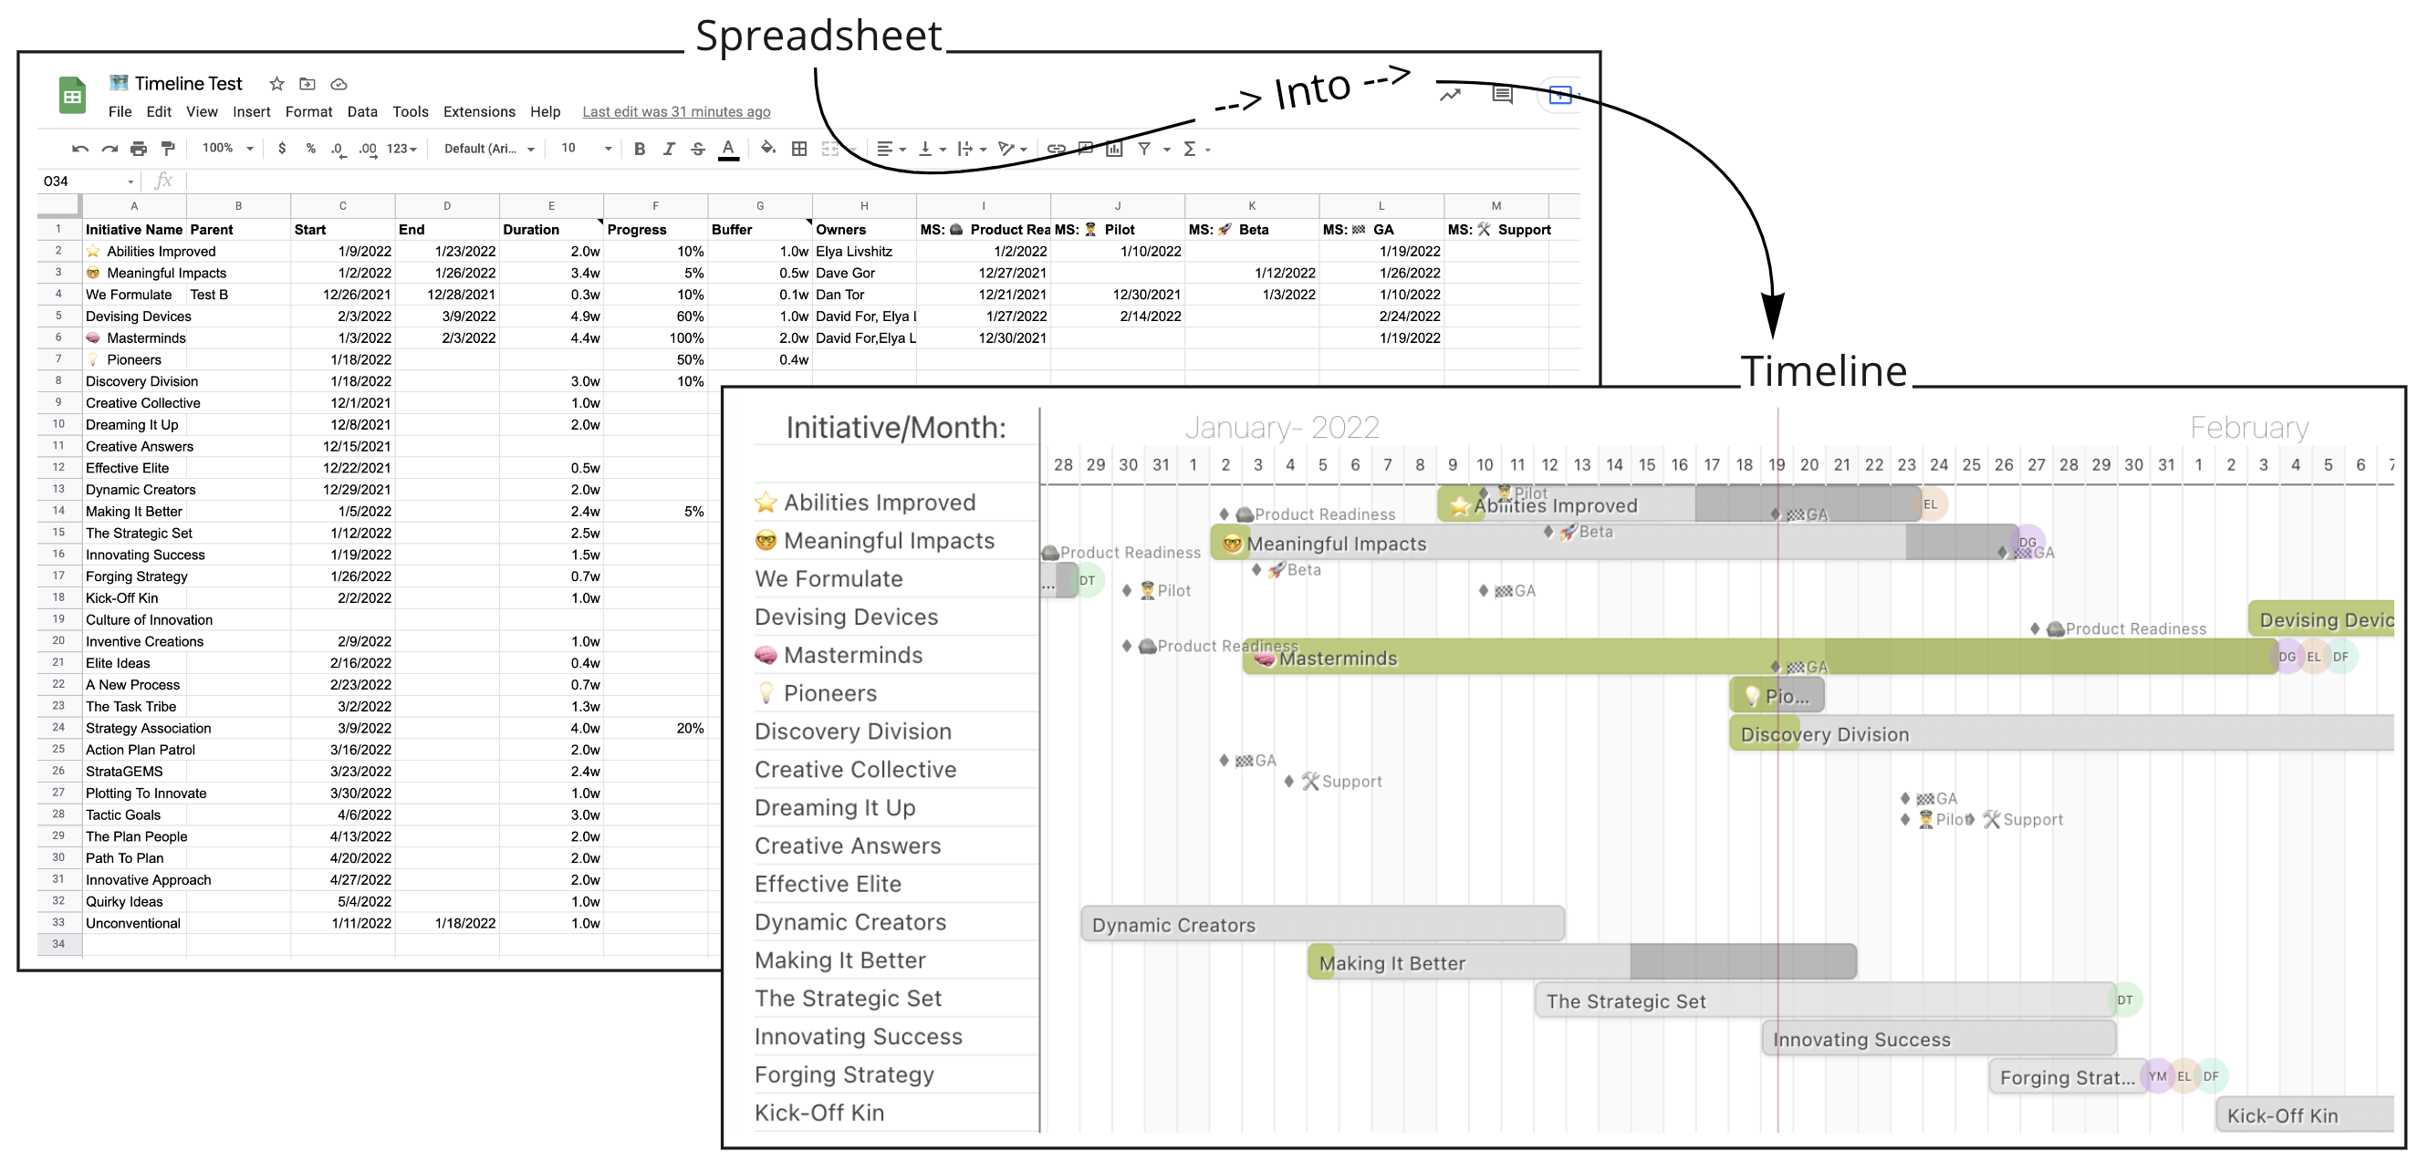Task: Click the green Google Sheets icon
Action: (x=72, y=96)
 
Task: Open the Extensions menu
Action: (x=479, y=111)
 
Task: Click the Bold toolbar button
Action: (x=640, y=149)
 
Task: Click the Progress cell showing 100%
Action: (x=686, y=337)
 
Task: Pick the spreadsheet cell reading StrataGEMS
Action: (x=124, y=772)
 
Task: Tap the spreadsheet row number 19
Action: (x=58, y=619)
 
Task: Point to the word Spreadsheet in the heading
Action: (x=818, y=36)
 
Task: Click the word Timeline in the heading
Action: (x=1823, y=372)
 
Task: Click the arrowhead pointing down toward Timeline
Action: (x=1772, y=315)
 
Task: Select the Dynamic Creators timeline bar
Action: (x=1321, y=925)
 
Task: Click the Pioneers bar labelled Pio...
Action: (x=1777, y=697)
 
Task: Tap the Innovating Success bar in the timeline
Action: (x=1937, y=1039)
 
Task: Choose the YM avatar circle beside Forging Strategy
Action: (x=2158, y=1076)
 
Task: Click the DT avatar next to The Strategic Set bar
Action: (x=2125, y=1001)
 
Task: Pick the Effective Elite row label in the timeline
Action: (x=827, y=884)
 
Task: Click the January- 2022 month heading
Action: (x=1281, y=428)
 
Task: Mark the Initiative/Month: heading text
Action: (x=895, y=428)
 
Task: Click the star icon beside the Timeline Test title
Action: (x=276, y=84)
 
